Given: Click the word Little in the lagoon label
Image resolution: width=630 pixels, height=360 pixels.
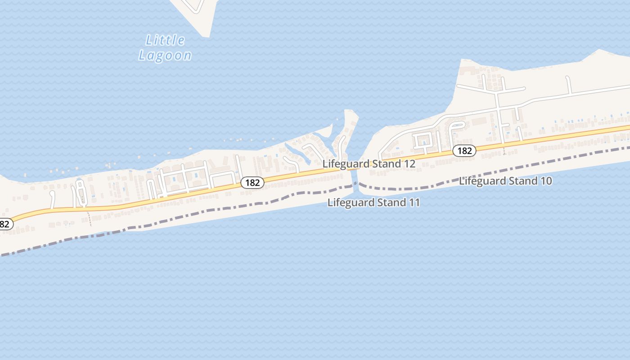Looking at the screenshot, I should (x=165, y=40).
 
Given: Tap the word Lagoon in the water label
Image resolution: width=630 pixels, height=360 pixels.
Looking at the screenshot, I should (x=165, y=56).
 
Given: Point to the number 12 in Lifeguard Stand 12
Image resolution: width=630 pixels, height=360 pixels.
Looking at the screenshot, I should (x=409, y=164).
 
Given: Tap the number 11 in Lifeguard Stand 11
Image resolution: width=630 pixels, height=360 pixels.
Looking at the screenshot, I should (x=414, y=202).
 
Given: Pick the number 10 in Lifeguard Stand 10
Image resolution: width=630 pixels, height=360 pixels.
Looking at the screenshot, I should (x=546, y=181).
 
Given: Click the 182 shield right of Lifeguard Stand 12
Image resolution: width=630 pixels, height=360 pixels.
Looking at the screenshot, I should (x=464, y=151).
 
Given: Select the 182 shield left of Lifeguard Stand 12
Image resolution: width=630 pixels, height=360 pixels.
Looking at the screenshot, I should (x=252, y=182).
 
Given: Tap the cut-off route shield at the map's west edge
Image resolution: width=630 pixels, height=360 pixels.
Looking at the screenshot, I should (x=5, y=224).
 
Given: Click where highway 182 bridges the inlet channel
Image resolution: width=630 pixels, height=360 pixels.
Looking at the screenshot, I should (x=353, y=168).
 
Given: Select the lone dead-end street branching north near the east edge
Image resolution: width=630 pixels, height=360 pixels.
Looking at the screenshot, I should (x=569, y=85).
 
